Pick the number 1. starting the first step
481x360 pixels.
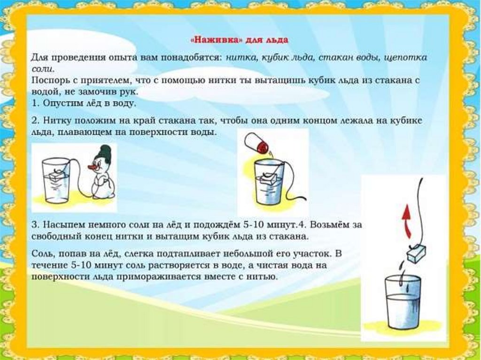(36, 103)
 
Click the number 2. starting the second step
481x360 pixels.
(36, 121)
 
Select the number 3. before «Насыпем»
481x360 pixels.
(36, 225)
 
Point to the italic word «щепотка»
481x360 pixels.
(407, 58)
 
